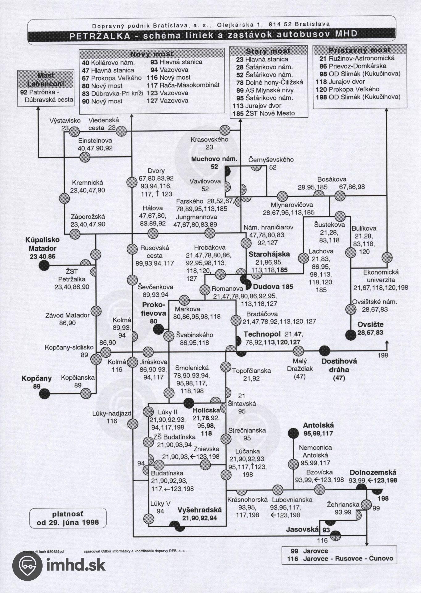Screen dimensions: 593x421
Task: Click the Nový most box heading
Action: pos(151,54)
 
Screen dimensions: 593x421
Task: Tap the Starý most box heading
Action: pos(268,51)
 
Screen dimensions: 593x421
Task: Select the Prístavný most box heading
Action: pos(359,50)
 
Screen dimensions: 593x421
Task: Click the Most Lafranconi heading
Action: pos(46,79)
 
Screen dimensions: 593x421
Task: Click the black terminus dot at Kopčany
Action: pos(45,393)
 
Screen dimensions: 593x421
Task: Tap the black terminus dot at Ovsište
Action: pos(350,334)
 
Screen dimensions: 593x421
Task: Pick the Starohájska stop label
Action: pos(269,254)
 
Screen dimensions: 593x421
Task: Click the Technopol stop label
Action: pos(262,334)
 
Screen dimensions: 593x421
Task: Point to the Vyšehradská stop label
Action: pos(200,510)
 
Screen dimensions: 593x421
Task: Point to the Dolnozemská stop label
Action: pos(373,473)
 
